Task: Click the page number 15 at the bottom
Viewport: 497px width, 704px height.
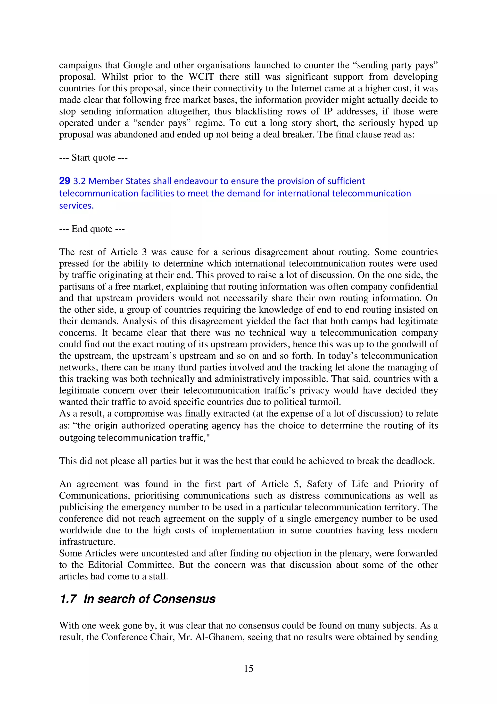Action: tap(248, 669)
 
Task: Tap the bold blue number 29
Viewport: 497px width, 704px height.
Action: tap(65, 181)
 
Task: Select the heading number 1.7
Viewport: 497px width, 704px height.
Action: tap(68, 599)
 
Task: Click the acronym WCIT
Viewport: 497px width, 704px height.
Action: tap(201, 77)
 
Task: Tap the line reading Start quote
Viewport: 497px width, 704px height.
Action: tap(93, 158)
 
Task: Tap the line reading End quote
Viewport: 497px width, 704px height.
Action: tap(92, 229)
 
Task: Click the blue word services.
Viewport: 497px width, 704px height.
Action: tap(76, 206)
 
